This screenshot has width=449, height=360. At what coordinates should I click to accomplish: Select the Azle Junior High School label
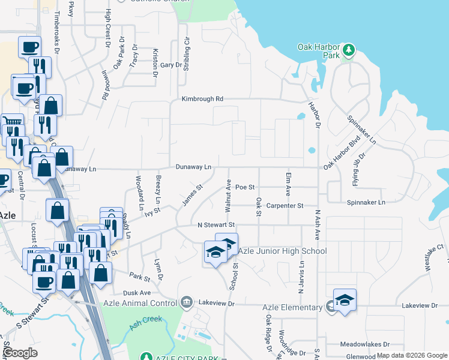pos(282,251)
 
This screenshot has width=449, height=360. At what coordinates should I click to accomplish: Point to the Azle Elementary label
pos(292,307)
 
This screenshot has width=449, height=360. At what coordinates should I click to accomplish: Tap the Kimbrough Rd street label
pos(203,98)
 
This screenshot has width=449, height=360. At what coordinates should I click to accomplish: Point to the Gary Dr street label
pos(170,65)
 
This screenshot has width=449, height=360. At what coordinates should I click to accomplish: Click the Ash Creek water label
pos(145,323)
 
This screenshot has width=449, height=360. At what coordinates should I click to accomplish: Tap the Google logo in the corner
pos(20,353)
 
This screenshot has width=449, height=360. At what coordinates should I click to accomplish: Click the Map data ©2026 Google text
pos(412,356)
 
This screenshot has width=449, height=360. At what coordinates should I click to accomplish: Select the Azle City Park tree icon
pos(145,358)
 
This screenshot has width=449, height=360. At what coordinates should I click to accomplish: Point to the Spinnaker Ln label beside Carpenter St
pos(366,203)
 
